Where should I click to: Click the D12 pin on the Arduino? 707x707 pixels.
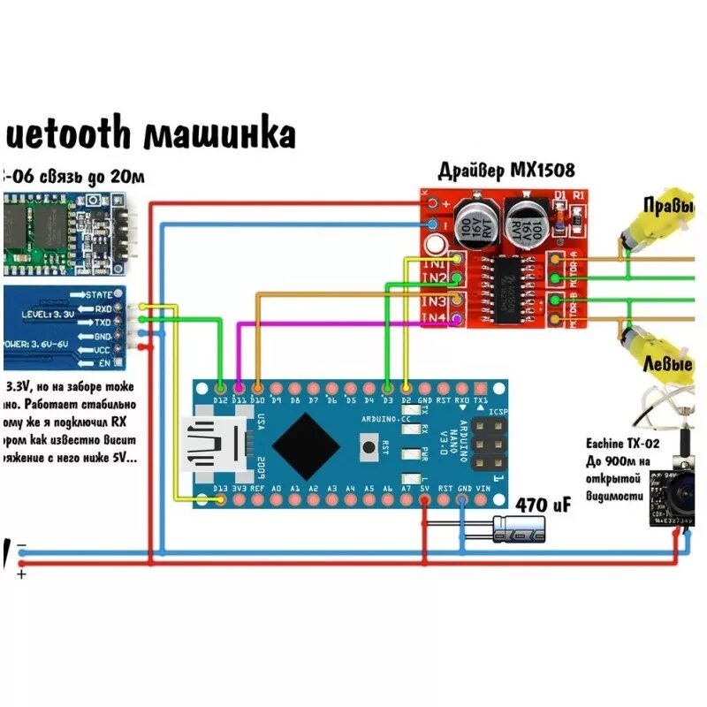click(220, 388)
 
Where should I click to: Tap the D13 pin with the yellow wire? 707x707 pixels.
click(220, 501)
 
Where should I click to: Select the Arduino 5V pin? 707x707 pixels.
click(425, 501)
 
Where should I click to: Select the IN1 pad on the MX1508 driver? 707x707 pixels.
click(456, 259)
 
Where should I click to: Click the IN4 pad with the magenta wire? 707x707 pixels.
click(456, 318)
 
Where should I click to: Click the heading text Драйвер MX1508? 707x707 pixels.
click(500, 171)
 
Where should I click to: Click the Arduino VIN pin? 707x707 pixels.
click(482, 501)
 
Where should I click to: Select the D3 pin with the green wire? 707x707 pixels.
click(388, 388)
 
